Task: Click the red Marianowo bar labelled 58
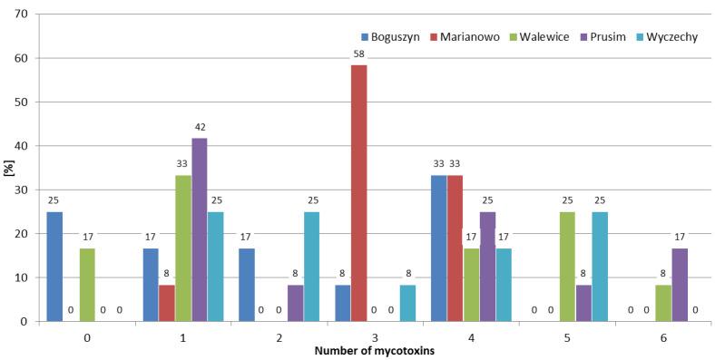(x=358, y=193)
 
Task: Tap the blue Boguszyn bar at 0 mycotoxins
(x=54, y=267)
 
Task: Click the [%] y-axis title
(x=7, y=168)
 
